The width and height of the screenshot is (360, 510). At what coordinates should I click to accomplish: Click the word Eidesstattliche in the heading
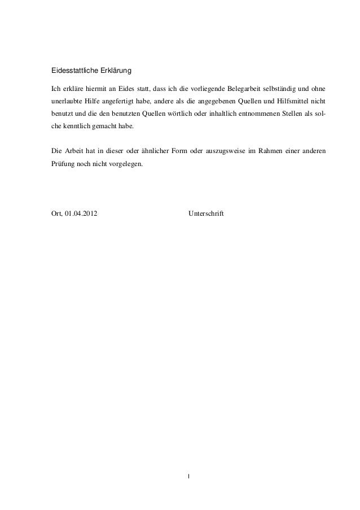tap(72, 72)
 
